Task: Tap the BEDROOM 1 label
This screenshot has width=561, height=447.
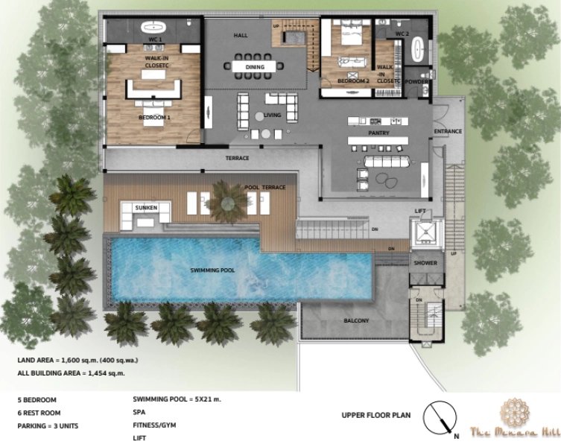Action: [154, 118]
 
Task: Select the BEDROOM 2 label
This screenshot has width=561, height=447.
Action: [353, 80]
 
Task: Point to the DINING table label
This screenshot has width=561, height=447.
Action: [255, 67]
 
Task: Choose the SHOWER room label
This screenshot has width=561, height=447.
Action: [426, 262]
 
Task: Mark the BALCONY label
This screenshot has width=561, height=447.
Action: [357, 320]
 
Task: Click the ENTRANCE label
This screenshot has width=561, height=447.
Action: [448, 131]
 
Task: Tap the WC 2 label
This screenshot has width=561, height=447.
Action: [402, 34]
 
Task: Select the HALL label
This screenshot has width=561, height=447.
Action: [240, 35]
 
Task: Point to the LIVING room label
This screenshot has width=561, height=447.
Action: [273, 115]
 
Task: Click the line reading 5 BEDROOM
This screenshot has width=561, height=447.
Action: [37, 399]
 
